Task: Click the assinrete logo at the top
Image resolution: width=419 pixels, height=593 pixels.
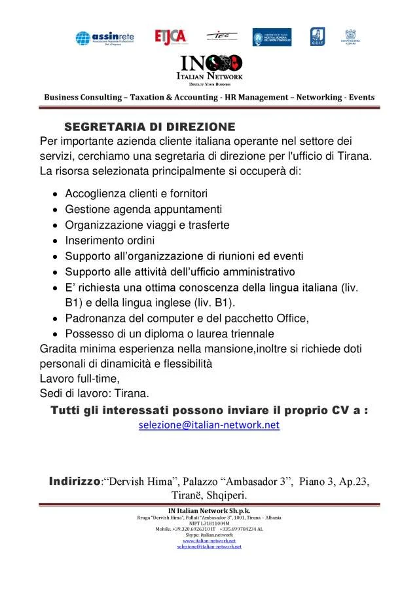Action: (105, 37)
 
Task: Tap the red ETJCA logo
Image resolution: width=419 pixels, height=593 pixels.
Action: (170, 37)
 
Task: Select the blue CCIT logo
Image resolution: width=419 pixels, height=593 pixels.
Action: (317, 37)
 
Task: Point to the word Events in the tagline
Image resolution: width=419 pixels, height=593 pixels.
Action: (361, 97)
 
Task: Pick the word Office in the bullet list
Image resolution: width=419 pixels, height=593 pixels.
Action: (292, 318)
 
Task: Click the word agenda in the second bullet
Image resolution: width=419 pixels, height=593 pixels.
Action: (128, 209)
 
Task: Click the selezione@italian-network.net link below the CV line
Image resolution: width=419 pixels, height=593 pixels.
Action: (209, 425)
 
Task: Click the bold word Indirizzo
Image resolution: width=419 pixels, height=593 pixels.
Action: (74, 482)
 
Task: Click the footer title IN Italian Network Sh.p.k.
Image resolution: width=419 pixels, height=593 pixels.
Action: (209, 510)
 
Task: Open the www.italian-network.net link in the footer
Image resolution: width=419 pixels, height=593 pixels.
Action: (209, 541)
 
